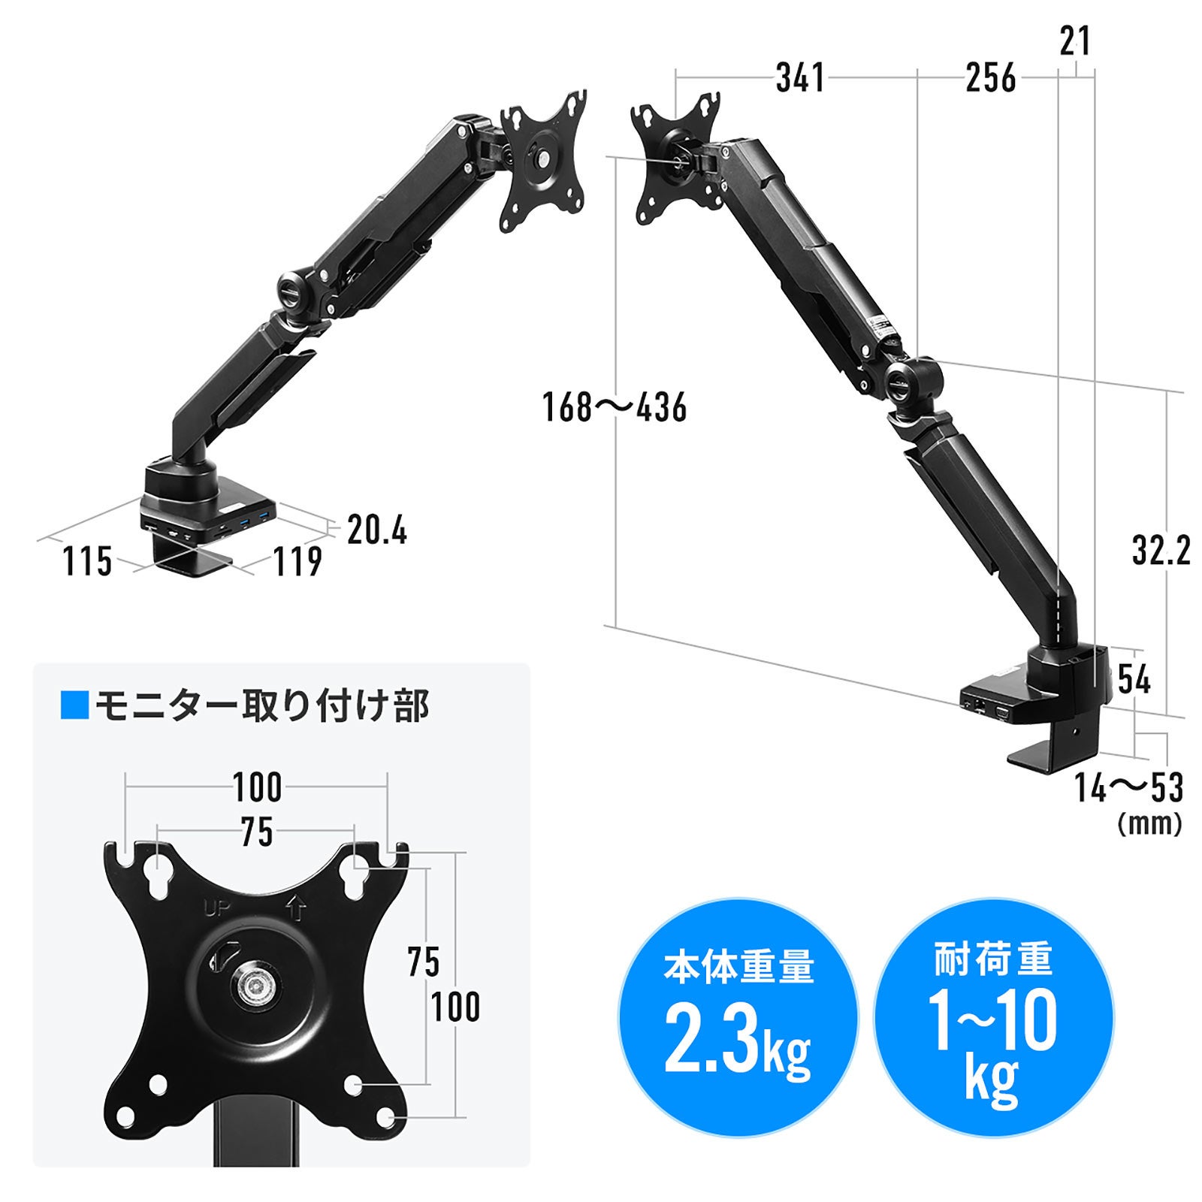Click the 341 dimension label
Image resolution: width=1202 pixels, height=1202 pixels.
(x=800, y=78)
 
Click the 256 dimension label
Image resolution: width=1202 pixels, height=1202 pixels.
(x=991, y=78)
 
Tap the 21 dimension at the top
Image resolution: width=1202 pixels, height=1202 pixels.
(x=1075, y=41)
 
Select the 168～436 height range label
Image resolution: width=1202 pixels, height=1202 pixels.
(x=615, y=408)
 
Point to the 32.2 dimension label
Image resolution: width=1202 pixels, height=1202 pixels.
(x=1161, y=551)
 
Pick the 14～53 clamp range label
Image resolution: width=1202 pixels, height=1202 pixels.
(x=1128, y=787)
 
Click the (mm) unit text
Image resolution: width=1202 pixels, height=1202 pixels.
(x=1150, y=824)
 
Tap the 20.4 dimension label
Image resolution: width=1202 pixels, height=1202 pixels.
(x=377, y=531)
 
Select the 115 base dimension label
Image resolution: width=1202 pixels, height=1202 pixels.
(x=87, y=562)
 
